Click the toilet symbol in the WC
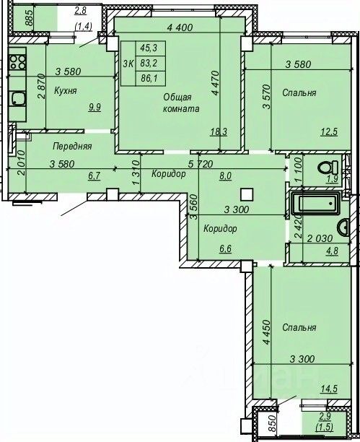click(328, 168)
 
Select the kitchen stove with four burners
click(17, 62)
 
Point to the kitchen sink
click(17, 99)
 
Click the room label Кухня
click(65, 91)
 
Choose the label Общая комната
click(181, 103)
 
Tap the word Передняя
click(72, 147)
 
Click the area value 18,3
click(219, 131)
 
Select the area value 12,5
click(330, 131)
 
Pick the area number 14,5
click(329, 389)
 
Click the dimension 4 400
click(180, 27)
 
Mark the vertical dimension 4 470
click(216, 83)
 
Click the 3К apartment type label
click(128, 64)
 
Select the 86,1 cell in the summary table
click(149, 79)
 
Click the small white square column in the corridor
click(247, 194)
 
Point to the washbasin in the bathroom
click(343, 227)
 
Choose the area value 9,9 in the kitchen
click(95, 108)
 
